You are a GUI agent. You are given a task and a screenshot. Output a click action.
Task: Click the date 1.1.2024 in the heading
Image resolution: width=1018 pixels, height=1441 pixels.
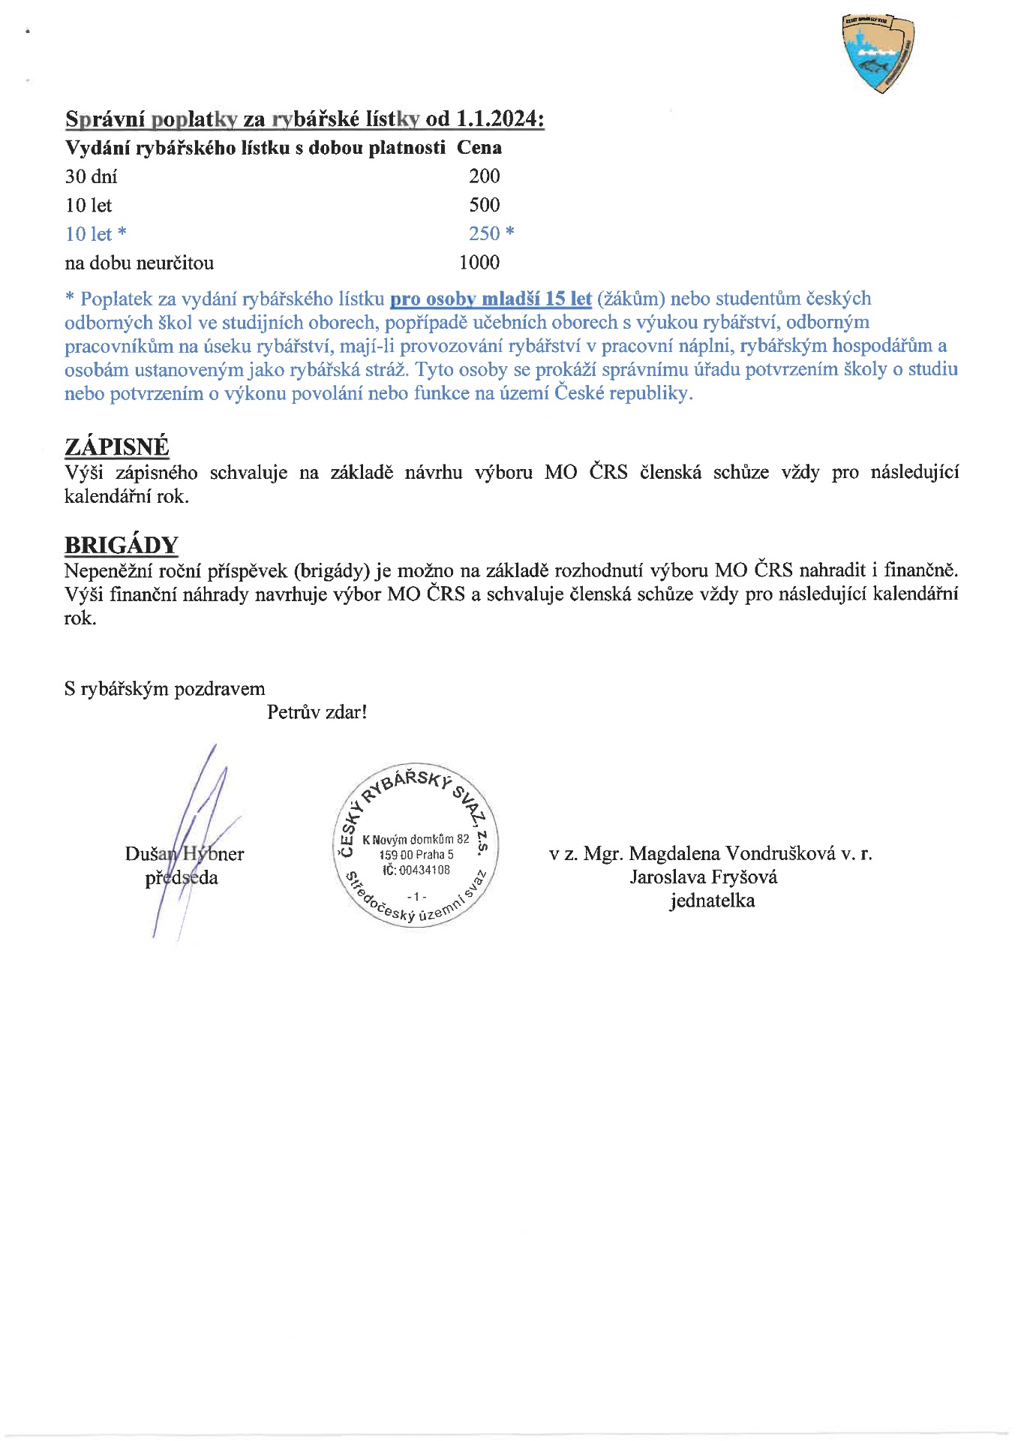pos(499,119)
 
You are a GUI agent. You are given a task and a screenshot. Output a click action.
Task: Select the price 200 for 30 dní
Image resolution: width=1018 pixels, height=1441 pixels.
pos(485,176)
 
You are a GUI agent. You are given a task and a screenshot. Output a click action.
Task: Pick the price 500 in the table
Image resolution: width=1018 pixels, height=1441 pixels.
pos(485,205)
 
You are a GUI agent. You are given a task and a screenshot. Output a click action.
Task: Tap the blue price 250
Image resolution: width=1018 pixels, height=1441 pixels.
pos(485,234)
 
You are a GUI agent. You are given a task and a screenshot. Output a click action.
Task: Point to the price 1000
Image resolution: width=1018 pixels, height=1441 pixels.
pos(479,263)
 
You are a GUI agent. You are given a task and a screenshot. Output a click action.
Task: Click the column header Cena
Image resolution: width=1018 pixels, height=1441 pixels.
pos(479,148)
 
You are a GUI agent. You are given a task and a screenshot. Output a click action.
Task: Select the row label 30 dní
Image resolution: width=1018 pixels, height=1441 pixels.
pos(91,177)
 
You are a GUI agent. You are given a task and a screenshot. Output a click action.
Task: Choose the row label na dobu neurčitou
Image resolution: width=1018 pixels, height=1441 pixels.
pos(139,263)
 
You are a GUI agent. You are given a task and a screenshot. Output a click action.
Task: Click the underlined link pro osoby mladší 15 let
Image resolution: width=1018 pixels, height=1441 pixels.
pos(491,299)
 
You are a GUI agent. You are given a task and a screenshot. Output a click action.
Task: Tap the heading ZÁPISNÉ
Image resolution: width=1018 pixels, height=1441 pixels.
pos(117,447)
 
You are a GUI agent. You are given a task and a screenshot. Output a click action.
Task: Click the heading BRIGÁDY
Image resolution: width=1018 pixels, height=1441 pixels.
pos(122,546)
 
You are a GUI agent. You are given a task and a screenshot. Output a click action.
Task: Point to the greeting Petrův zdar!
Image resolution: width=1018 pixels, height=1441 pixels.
pos(317,712)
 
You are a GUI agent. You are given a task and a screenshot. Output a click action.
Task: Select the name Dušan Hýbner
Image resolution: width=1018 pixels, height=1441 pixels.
pos(185,854)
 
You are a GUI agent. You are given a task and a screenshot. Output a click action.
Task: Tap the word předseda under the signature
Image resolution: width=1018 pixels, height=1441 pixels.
pos(182,878)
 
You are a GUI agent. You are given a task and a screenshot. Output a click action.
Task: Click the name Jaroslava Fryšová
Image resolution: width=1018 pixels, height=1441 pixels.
pos(704,877)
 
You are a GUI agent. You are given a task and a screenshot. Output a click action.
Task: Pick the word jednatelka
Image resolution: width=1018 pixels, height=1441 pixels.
pos(712,901)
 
